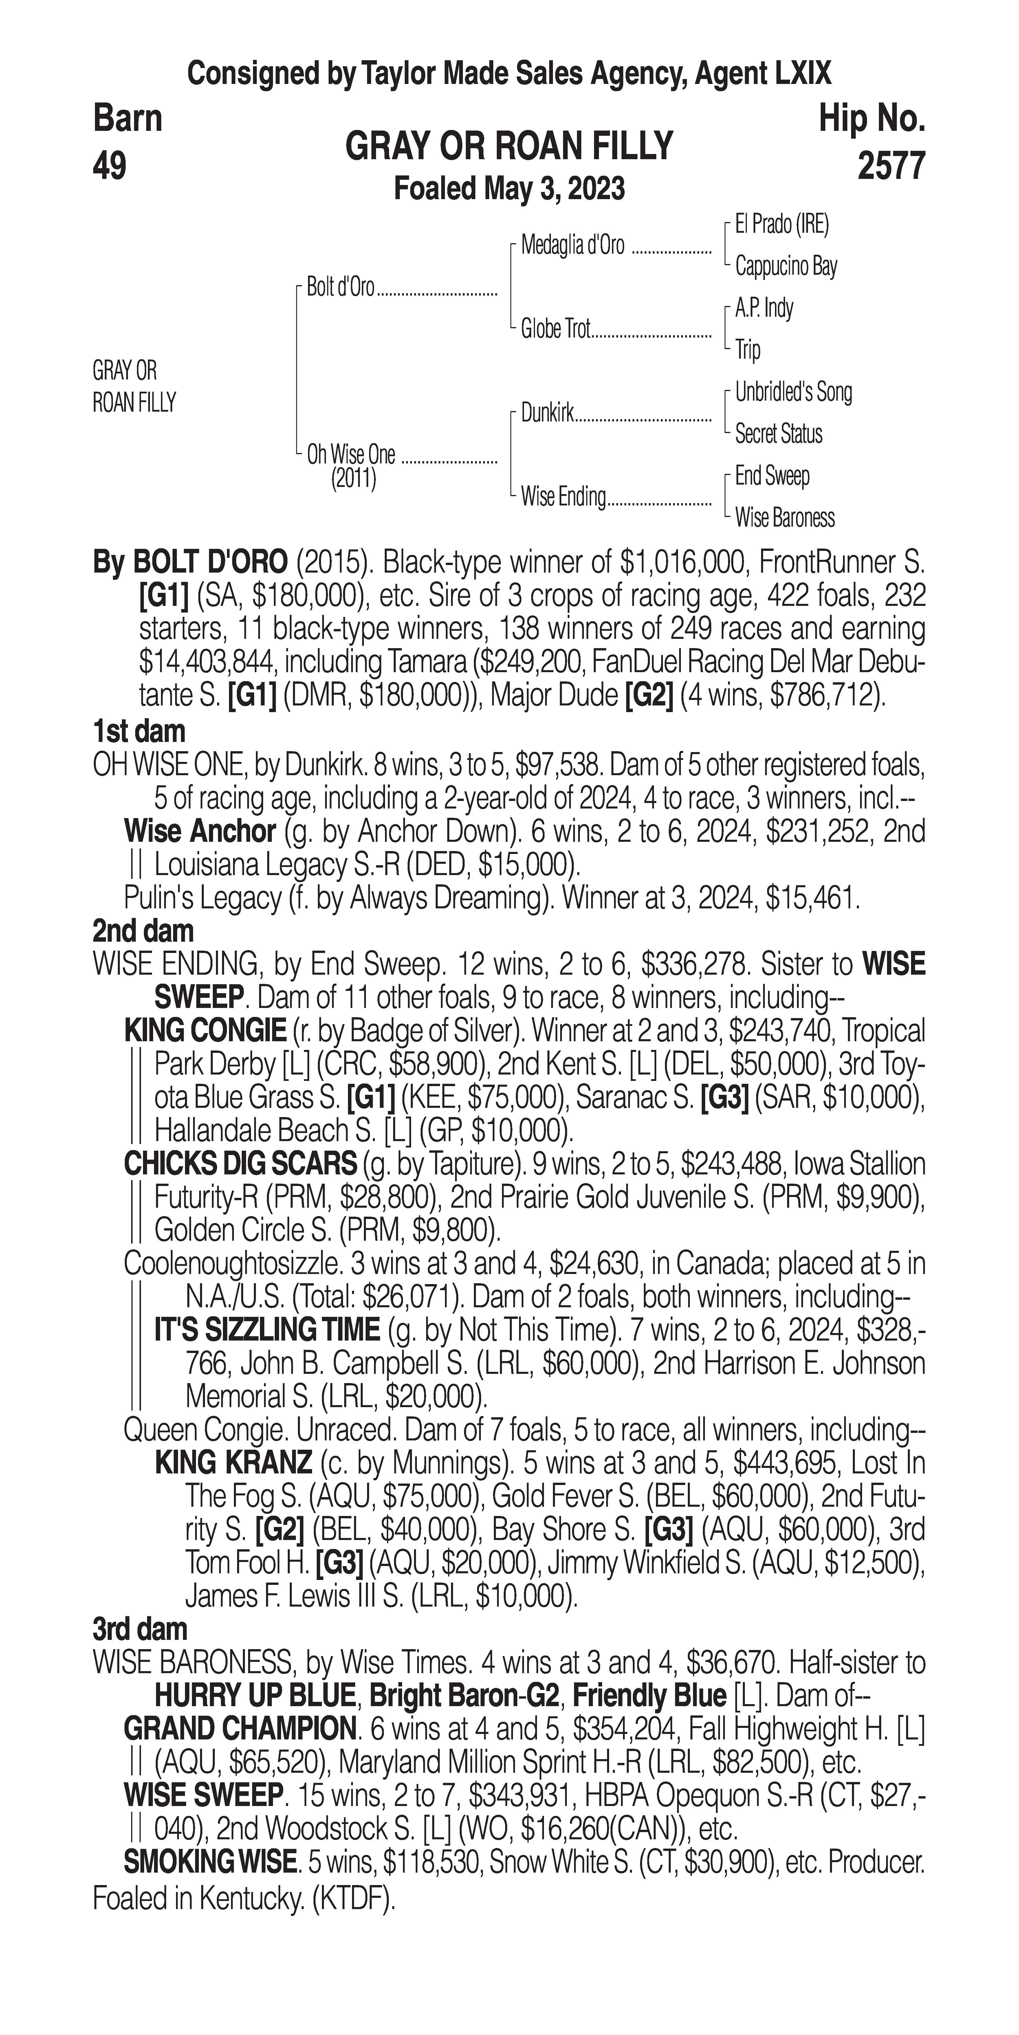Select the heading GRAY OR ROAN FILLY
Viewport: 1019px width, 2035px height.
pyautogui.click(x=509, y=146)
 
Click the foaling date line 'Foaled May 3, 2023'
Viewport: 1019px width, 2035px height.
pyautogui.click(x=509, y=189)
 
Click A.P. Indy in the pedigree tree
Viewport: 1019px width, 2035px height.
pyautogui.click(x=764, y=308)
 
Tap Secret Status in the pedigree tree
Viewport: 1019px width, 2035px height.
pyautogui.click(x=778, y=434)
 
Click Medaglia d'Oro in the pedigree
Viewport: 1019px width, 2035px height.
pyautogui.click(x=572, y=246)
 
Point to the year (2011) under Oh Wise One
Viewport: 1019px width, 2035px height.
pyautogui.click(x=353, y=478)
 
